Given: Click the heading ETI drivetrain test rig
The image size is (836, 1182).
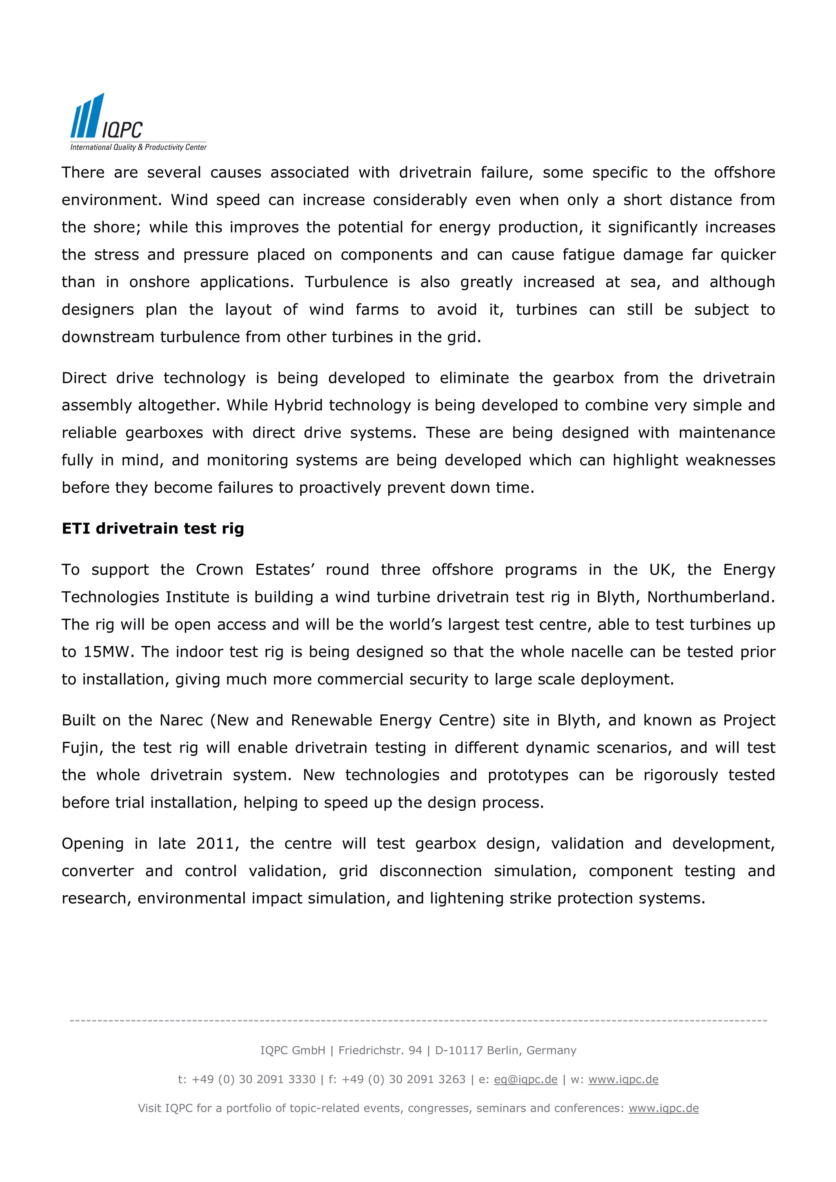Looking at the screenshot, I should coord(153,529).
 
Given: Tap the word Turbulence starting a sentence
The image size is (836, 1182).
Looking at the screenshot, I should coord(346,282).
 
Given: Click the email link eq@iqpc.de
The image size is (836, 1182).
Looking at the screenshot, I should coord(525,1080).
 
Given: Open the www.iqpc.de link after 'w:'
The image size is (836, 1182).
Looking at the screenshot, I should coord(623,1080).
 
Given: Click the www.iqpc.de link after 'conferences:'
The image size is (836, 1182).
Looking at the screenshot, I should coord(663,1109).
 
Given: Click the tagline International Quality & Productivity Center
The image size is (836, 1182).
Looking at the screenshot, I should coord(138,147).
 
